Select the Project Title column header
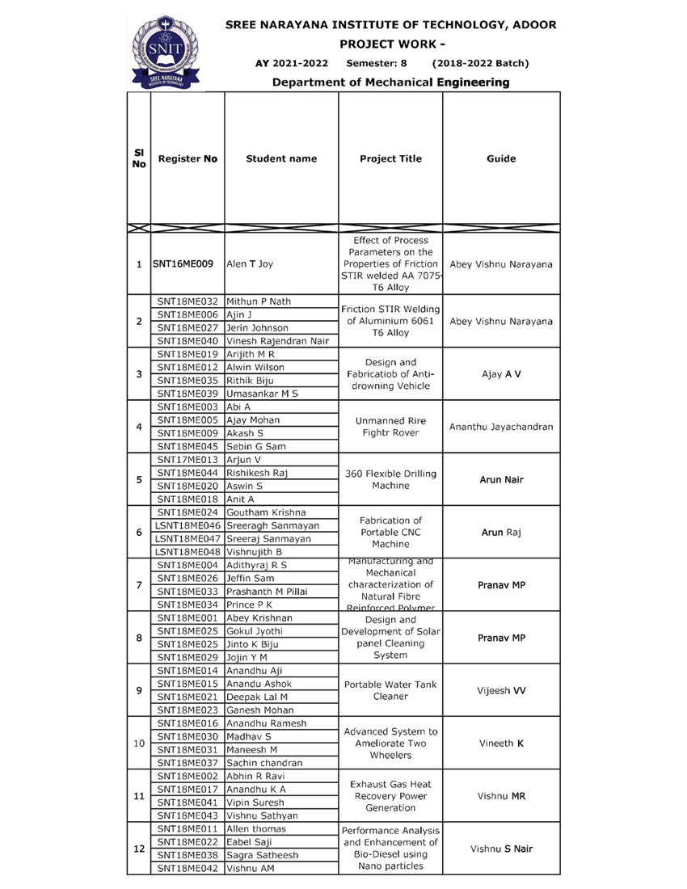(390, 159)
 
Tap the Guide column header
(502, 159)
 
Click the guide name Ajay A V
(502, 374)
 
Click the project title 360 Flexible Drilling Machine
(390, 479)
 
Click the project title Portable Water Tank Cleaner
(390, 690)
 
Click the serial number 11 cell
(138, 796)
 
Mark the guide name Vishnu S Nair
(502, 849)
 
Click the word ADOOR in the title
(530, 25)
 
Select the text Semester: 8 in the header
(376, 62)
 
